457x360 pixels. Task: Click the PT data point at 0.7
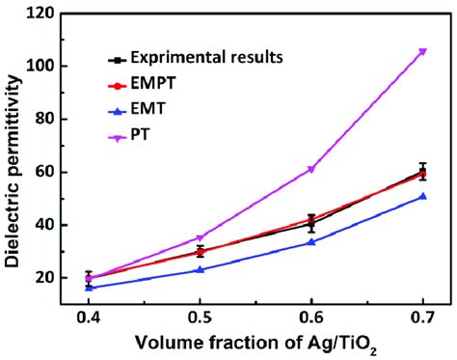click(x=422, y=51)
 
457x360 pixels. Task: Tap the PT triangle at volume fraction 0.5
click(x=200, y=237)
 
